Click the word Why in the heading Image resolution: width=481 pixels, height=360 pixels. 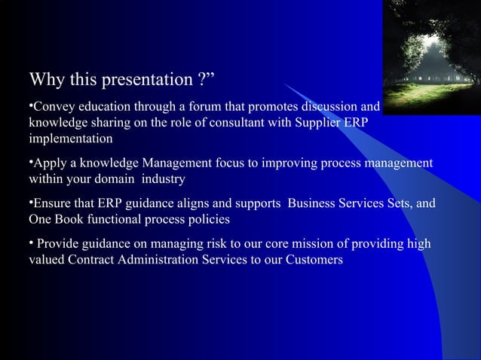[x=46, y=80]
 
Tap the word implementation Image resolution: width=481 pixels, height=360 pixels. [x=71, y=139]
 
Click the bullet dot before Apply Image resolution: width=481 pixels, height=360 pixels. [x=31, y=162]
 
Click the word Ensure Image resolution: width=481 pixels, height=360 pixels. [x=54, y=203]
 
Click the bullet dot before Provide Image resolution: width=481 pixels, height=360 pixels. [x=31, y=243]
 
